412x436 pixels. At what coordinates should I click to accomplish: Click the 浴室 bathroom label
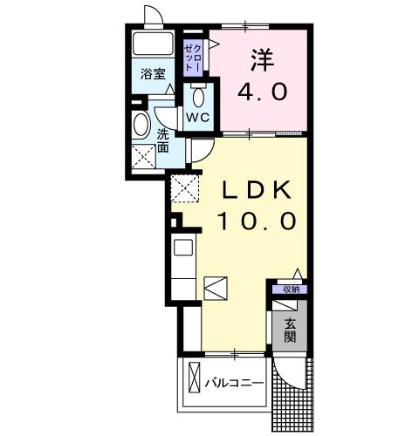153,74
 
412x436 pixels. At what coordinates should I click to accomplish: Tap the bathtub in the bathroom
153,44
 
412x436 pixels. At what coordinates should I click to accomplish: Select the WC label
198,118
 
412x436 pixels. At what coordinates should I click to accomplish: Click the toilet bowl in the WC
199,97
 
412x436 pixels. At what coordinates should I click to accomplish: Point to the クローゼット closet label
193,58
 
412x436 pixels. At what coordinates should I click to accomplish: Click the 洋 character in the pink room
263,60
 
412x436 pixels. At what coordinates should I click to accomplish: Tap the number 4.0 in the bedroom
263,92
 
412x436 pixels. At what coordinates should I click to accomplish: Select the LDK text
257,190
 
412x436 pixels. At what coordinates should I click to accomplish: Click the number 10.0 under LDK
257,221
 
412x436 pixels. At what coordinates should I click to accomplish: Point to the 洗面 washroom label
163,141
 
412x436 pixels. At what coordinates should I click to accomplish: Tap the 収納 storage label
292,290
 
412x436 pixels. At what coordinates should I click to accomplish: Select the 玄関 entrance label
290,330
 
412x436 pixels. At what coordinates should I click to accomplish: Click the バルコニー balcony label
234,383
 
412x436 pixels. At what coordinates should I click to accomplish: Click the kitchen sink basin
183,248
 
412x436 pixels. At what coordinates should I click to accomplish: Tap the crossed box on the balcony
194,377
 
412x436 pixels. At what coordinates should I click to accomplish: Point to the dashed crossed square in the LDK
185,188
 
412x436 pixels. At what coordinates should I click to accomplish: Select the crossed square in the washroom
143,156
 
